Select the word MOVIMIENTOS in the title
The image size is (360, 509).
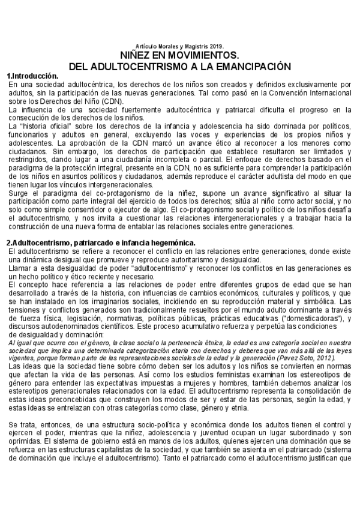coord(208,55)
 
